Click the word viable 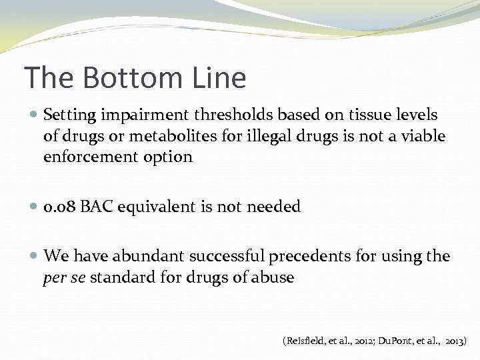click(x=423, y=137)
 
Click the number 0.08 click(x=59, y=207)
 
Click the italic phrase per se click(x=64, y=278)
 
